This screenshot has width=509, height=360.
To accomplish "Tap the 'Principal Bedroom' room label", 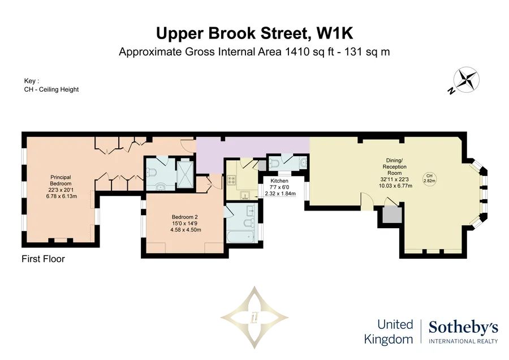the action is tap(61, 181).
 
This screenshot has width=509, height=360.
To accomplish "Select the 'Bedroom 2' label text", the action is tap(185, 217).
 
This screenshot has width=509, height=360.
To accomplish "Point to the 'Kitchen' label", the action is tap(279, 181).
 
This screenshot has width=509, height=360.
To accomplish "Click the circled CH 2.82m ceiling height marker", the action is tap(429, 178).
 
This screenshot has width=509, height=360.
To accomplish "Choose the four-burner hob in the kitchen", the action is tap(232, 181).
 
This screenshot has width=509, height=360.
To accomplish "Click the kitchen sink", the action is tap(245, 195).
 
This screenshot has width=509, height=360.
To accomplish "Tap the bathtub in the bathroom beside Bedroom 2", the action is tap(240, 237).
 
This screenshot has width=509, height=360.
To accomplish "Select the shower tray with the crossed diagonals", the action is tap(186, 174).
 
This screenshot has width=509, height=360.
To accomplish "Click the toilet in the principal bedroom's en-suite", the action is tap(152, 172).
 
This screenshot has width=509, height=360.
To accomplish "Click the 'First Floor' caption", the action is tap(43, 259).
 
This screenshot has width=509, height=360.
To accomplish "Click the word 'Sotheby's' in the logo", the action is tap(463, 328).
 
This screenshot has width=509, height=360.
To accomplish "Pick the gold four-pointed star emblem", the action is tap(255, 317).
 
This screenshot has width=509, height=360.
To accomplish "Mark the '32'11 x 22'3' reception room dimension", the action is tap(394, 179).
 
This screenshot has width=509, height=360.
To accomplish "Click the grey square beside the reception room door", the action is tap(392, 215).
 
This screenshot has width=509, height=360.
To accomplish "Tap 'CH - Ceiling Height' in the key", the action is tap(51, 89).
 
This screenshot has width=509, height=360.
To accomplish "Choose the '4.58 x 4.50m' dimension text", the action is tap(186, 230).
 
